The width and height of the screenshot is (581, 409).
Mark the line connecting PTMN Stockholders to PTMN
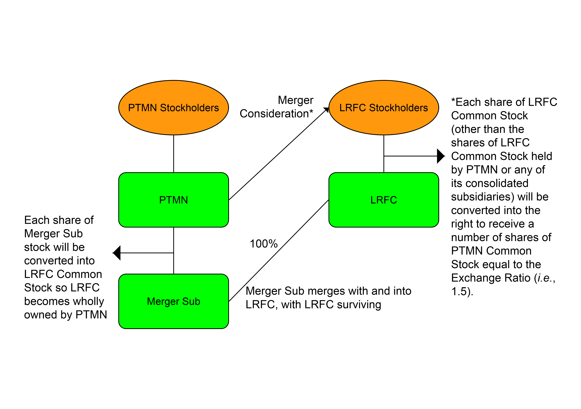coord(174,154)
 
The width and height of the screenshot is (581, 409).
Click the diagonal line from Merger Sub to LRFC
coord(278,251)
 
